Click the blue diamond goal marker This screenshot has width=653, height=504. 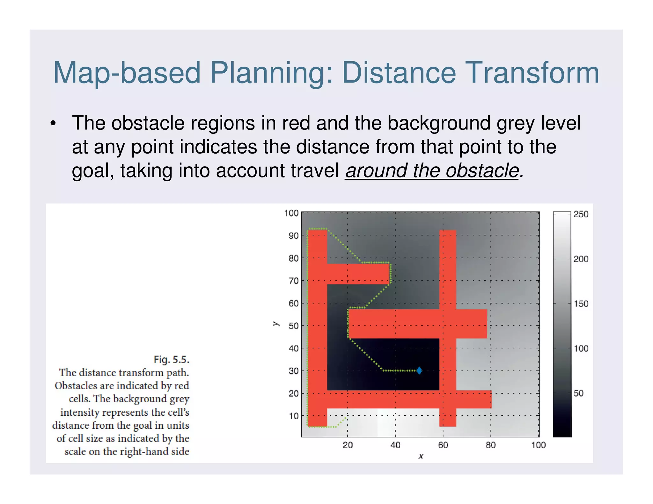point(419,371)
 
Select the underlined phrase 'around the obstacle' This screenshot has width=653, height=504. point(432,171)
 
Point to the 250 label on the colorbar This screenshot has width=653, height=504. point(581,214)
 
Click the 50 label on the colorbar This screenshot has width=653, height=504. point(578,393)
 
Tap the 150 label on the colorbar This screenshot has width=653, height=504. point(581,304)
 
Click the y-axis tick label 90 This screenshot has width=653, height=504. point(294,236)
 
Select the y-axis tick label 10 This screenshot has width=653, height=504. point(294,416)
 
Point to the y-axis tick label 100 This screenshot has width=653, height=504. point(291,213)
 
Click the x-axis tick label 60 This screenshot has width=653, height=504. point(443,445)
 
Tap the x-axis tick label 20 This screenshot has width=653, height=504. point(348,445)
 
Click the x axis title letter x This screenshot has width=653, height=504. point(421,456)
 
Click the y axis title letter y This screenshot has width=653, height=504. point(276,324)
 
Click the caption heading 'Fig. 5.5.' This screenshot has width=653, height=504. point(172,360)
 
